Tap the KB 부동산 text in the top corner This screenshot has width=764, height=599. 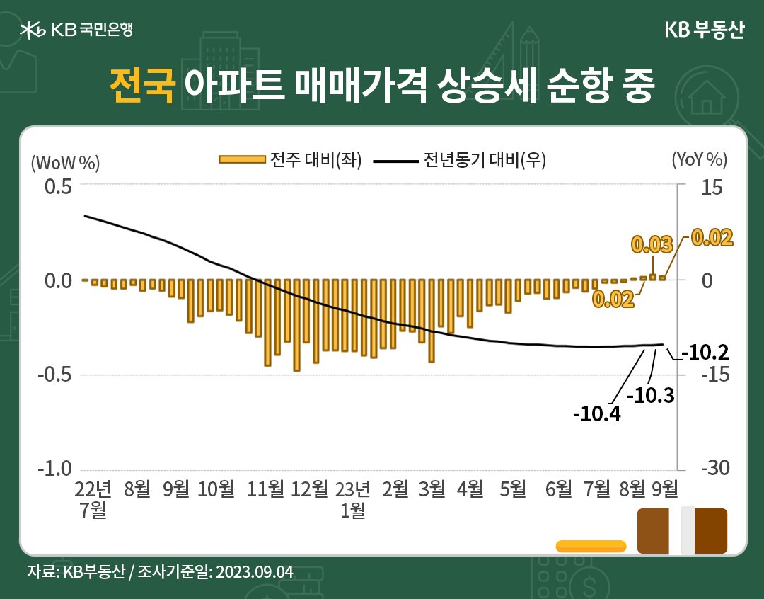(x=704, y=30)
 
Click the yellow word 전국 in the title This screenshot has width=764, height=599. (x=141, y=86)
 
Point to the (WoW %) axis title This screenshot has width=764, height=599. (x=66, y=161)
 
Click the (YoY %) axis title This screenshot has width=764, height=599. (x=699, y=161)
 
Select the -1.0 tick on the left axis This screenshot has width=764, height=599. (x=55, y=469)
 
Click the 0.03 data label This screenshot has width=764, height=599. (x=651, y=245)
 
